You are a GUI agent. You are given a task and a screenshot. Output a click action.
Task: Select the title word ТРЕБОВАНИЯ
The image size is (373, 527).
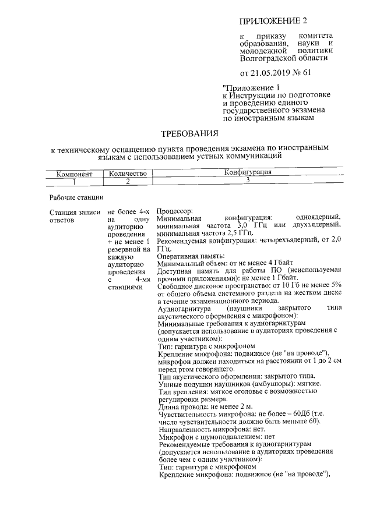coord(190,133)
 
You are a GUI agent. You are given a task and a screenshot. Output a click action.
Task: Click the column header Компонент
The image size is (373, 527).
coord(74,174)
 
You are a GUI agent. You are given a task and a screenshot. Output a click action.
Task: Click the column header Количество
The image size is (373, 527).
coord(126,174)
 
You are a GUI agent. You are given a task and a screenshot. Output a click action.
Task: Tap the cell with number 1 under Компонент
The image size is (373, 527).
coord(74,181)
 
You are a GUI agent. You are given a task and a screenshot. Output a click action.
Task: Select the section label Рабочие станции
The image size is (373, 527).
coord(76,197)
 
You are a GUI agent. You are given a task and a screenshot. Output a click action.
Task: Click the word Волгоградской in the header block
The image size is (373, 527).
coord(268,58)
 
